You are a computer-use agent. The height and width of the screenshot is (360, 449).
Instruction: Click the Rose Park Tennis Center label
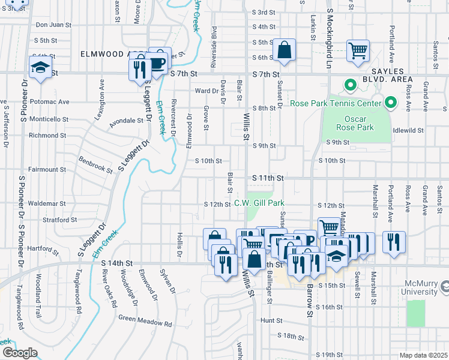(x=336, y=103)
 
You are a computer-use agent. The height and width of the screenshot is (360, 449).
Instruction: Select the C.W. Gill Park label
(x=259, y=203)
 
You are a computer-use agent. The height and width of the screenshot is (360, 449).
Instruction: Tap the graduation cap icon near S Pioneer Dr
(x=40, y=68)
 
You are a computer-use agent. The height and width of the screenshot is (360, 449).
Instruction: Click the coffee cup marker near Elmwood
(x=158, y=62)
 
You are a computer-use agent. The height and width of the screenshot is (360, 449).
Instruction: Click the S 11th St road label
(x=267, y=178)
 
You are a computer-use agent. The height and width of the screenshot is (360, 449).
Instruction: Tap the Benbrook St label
(x=96, y=166)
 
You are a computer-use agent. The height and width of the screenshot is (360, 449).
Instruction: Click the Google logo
(x=19, y=353)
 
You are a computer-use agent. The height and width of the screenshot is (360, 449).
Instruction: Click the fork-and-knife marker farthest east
(x=394, y=242)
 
